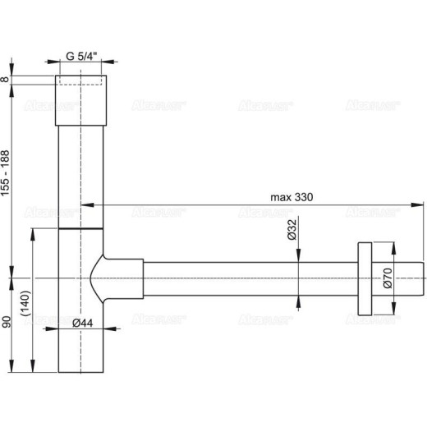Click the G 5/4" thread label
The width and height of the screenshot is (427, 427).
pos(82,57)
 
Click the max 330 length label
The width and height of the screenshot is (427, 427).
pos(292,198)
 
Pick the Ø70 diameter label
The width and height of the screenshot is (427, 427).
pos(387,282)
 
